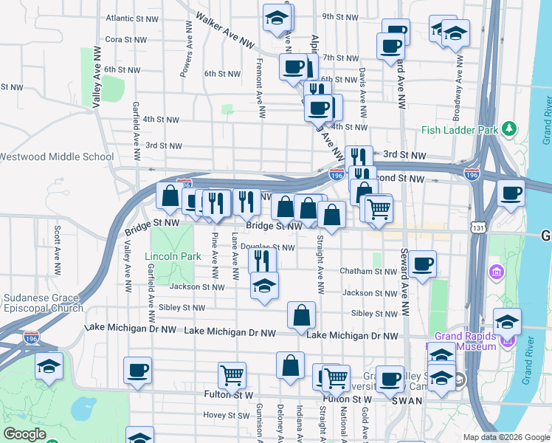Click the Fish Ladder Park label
(x=460, y=130)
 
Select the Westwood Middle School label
(x=56, y=157)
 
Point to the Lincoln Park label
(x=173, y=257)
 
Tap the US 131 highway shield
(x=480, y=230)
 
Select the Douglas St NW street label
(x=268, y=247)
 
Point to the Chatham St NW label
(x=368, y=272)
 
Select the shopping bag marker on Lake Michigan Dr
(x=301, y=315)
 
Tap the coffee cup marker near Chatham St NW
(x=422, y=264)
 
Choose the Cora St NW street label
(x=123, y=39)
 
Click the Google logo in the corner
(x=24, y=434)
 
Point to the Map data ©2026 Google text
(x=506, y=437)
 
